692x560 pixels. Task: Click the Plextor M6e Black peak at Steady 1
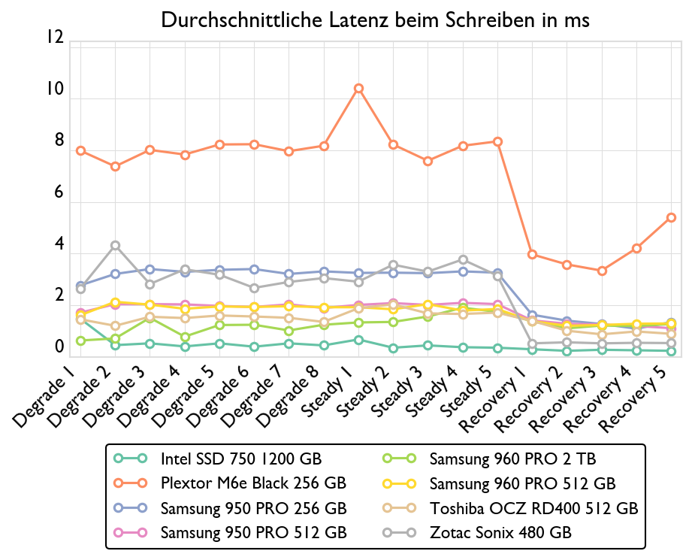[359, 89]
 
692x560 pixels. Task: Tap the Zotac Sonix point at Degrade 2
[116, 245]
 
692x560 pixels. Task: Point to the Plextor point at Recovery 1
[532, 254]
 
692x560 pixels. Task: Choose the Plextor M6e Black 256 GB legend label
[253, 483]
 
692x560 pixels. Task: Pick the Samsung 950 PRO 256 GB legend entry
[253, 507]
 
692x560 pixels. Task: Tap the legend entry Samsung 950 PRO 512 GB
[253, 532]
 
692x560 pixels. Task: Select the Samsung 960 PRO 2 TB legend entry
[512, 458]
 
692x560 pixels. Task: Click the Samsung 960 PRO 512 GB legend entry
[522, 483]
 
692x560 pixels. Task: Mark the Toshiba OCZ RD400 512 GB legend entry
[533, 507]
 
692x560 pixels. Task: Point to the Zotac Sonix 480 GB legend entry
[500, 532]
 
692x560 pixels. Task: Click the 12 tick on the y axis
[54, 38]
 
